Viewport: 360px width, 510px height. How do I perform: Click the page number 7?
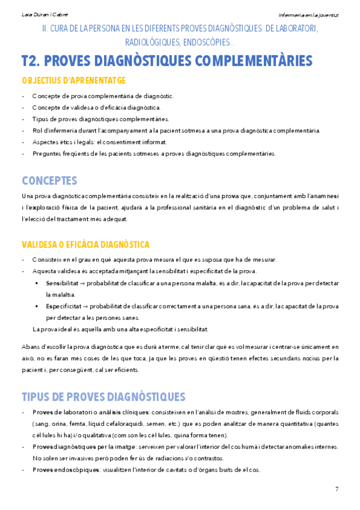tap(337, 488)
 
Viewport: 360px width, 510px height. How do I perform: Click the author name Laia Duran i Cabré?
tap(37, 14)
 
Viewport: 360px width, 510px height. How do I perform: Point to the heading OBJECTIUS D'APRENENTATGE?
tap(73, 81)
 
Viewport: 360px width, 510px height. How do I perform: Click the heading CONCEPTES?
tap(49, 180)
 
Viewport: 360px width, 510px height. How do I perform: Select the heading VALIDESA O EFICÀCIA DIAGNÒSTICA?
tap(85, 245)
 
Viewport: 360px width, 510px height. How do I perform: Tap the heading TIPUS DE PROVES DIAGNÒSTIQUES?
tap(103, 397)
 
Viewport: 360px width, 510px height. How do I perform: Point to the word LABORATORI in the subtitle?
tap(294, 29)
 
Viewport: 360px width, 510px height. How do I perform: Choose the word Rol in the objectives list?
tap(36, 131)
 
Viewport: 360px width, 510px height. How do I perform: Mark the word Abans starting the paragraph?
tap(30, 347)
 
